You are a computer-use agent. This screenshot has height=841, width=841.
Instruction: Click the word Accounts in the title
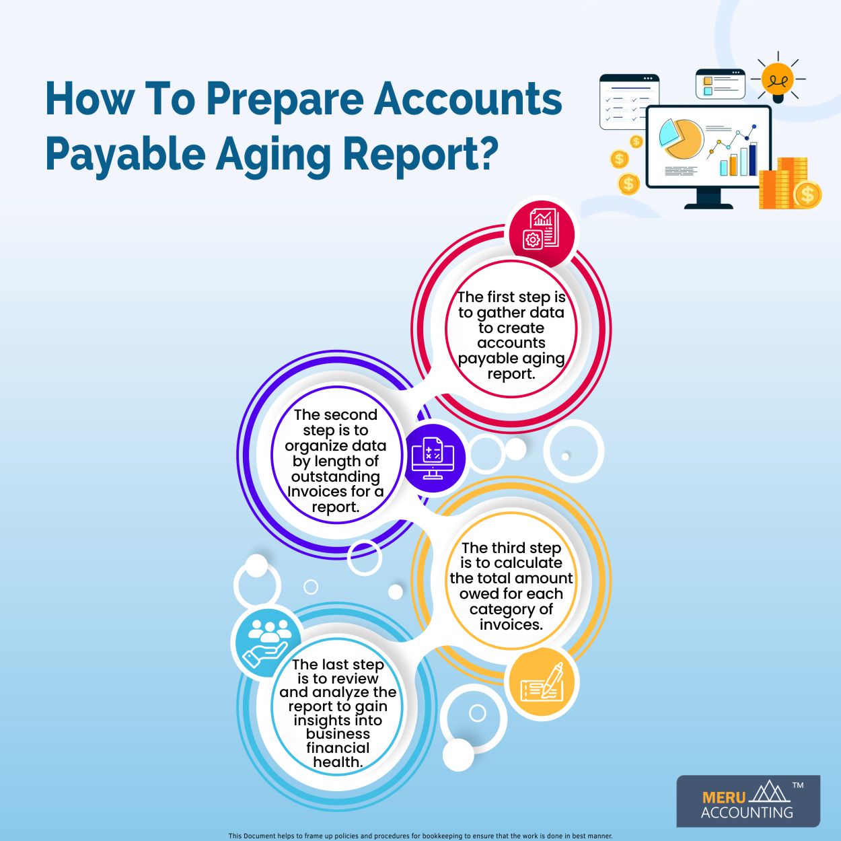point(468,99)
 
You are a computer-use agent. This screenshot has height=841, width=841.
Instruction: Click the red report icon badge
point(542,229)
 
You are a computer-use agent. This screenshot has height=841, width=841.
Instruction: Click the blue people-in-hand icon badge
point(267,641)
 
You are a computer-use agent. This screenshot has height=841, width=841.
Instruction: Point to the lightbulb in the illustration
point(778,80)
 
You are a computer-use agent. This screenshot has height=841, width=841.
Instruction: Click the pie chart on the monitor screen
point(681,138)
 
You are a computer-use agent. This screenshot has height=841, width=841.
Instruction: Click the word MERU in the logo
point(723,797)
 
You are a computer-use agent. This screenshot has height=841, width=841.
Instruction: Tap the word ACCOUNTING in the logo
point(747,813)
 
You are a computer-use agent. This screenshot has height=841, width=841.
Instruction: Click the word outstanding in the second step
point(335,476)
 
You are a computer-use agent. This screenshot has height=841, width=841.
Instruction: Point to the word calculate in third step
point(527,563)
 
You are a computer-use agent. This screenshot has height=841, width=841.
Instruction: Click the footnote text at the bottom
point(420,836)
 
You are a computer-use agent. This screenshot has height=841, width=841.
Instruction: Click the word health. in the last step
point(338,762)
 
